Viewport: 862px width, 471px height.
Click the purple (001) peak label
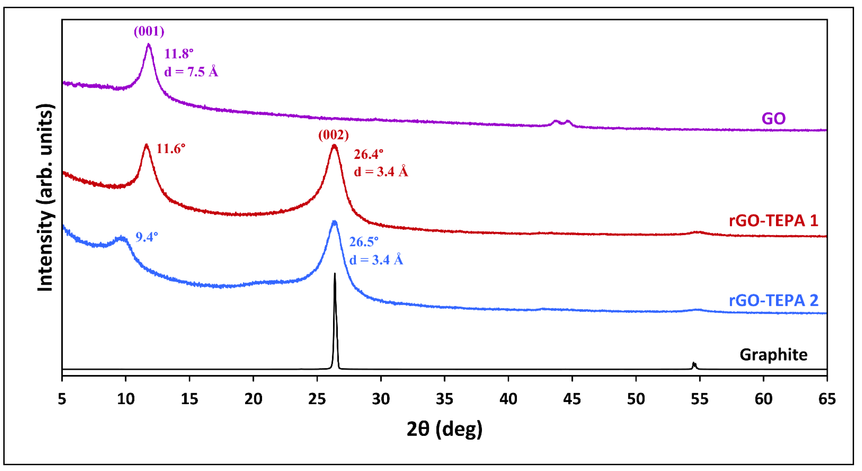click(149, 31)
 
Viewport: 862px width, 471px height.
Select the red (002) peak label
click(333, 135)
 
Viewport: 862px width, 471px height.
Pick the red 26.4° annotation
click(368, 154)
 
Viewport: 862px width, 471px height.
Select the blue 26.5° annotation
click(364, 242)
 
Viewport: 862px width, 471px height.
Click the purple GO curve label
click(773, 118)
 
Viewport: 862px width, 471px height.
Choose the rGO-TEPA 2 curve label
click(773, 300)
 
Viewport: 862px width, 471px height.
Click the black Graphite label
click(773, 355)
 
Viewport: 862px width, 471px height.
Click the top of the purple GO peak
click(149, 44)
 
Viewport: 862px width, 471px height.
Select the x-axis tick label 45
click(572, 399)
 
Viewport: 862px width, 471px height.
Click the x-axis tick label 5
click(62, 399)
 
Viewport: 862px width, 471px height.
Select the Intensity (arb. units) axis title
click(45, 197)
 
